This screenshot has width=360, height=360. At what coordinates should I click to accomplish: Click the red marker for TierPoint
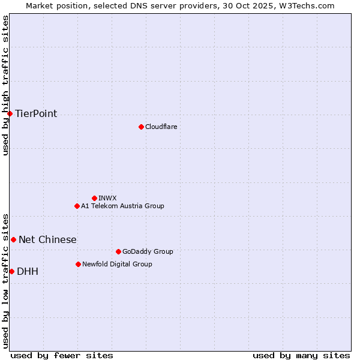point(10,113)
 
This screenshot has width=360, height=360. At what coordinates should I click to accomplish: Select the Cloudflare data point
point(141,127)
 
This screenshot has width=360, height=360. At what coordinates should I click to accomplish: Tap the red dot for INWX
point(94,198)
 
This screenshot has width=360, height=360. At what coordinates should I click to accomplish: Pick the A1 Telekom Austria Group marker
point(77,206)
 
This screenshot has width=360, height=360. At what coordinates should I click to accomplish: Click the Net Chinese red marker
point(13,239)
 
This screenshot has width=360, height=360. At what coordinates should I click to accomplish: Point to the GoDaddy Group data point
point(118,251)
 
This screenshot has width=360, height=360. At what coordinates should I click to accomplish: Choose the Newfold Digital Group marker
point(78,264)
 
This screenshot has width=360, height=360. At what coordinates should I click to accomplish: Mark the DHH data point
point(11,271)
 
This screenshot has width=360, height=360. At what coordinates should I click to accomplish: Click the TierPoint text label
point(36,114)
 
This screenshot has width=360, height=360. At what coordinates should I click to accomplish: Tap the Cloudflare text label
point(161,127)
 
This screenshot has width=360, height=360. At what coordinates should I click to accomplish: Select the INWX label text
point(108,198)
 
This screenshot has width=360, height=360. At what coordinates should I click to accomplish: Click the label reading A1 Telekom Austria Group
point(122,206)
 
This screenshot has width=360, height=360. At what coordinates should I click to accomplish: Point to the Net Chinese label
point(47,240)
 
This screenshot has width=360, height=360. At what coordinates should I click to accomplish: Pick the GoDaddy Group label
point(148,251)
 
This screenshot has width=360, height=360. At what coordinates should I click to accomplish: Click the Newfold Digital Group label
point(117,264)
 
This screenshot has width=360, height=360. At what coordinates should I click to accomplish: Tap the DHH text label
point(28,272)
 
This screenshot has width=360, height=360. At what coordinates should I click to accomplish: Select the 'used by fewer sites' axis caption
point(62,355)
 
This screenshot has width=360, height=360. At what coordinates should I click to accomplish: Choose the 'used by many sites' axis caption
point(301,355)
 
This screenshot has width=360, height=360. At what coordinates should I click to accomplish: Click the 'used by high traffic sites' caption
point(5,86)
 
